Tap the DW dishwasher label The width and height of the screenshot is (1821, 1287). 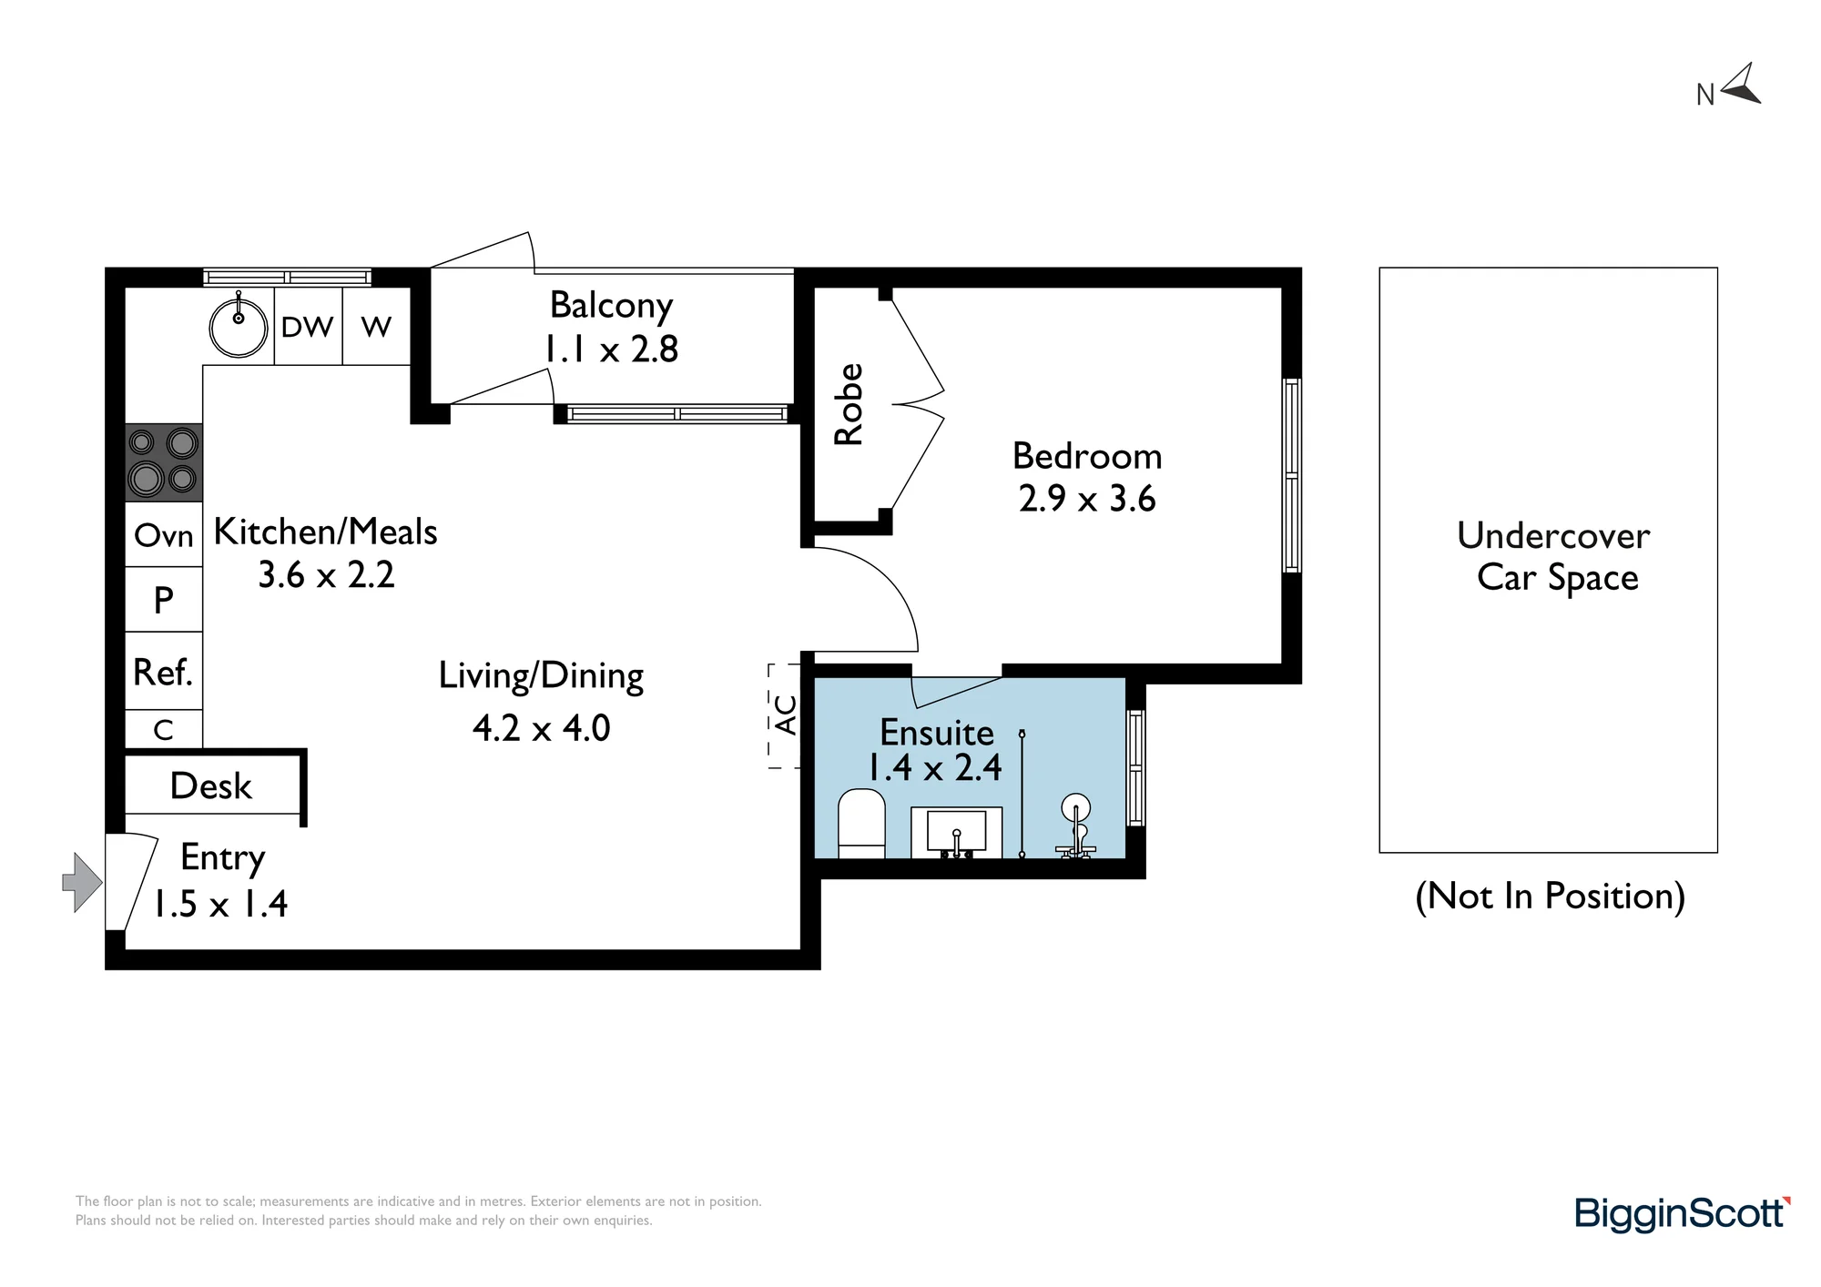point(308,327)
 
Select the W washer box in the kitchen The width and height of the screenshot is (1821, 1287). point(376,326)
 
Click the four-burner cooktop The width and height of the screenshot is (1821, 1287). point(164,462)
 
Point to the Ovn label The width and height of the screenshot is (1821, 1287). point(164,535)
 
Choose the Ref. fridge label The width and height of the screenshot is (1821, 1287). point(163,673)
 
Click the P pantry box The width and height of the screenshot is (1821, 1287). point(164,599)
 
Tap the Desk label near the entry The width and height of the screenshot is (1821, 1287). point(211,785)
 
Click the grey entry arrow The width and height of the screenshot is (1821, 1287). point(82,882)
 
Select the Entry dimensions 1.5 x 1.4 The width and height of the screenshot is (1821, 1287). point(220,904)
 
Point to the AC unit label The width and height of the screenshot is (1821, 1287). point(786,714)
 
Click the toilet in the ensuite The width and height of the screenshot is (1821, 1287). point(861,824)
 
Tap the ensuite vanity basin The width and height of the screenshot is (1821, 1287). point(956,832)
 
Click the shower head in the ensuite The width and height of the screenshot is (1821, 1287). point(1076,809)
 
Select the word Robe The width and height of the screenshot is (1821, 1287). point(849,404)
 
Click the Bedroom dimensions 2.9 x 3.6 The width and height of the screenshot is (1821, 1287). point(1087,499)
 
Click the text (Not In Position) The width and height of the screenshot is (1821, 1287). point(1551,897)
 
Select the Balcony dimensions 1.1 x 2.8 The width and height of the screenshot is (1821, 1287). point(611,349)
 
